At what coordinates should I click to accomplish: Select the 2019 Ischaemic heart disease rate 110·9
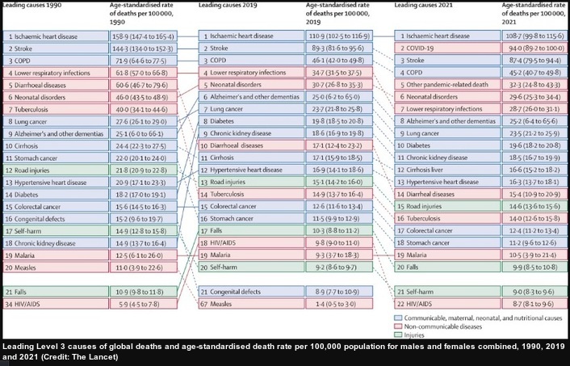click(x=338, y=36)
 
